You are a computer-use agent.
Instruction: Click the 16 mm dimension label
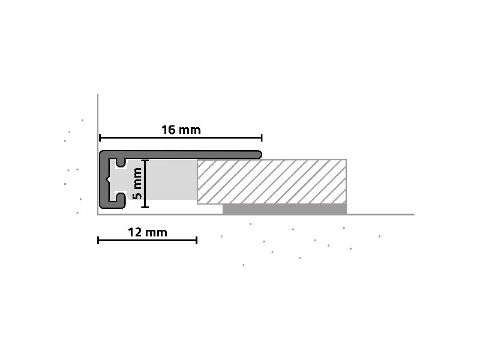[x=181, y=130]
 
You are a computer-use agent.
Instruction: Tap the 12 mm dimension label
[x=148, y=232]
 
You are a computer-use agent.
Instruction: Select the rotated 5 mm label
[x=138, y=184]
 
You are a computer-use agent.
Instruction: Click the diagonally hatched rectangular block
[x=272, y=181]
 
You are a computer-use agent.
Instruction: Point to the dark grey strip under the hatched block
[x=284, y=209]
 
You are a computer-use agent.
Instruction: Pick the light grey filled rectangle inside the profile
[x=173, y=179]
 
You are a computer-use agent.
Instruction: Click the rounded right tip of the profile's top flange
[x=259, y=154]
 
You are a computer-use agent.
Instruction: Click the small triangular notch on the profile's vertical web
[x=108, y=179]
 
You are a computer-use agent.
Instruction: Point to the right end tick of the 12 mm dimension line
[x=197, y=241]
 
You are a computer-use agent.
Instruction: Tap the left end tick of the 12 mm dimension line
[x=98, y=241]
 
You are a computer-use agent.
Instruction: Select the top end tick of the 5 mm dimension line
[x=145, y=160]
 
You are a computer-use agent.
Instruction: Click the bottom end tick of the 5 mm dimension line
[x=145, y=207]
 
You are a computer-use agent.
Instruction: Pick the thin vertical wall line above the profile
[x=98, y=120]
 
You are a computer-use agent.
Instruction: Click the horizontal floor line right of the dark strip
[x=380, y=214]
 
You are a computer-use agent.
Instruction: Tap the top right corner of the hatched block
[x=346, y=160]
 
